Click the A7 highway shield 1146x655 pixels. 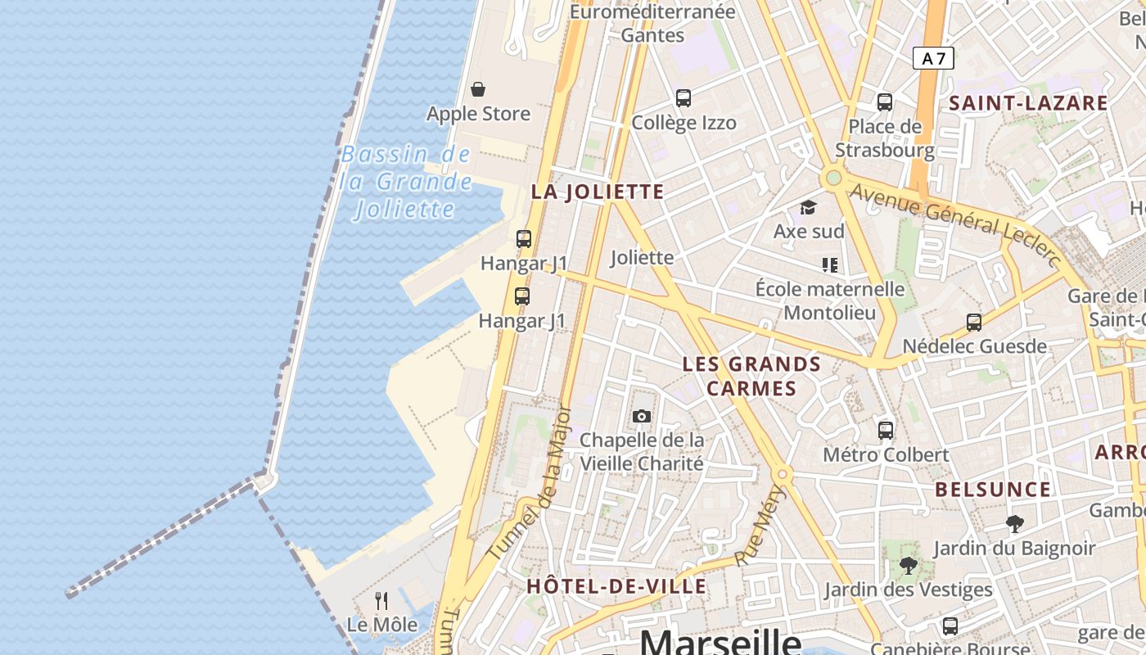tap(933, 58)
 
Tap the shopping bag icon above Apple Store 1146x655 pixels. tap(478, 88)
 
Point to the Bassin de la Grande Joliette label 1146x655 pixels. tap(407, 182)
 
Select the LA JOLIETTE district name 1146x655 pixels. tap(598, 192)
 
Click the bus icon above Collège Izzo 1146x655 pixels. tap(684, 98)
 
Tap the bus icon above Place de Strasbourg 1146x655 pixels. tap(885, 102)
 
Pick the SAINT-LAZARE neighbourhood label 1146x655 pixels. tap(1028, 103)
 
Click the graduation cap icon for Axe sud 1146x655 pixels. tap(809, 207)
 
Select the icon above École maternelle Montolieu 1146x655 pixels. tap(830, 264)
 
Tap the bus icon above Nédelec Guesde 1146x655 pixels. tap(974, 322)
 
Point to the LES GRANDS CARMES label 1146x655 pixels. tap(751, 376)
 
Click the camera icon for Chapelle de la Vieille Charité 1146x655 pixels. tap(642, 416)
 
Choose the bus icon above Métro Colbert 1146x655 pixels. tap(886, 430)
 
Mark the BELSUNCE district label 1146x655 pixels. tap(993, 490)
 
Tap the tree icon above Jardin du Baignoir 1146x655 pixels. tap(1015, 523)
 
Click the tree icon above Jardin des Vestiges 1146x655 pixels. tap(908, 565)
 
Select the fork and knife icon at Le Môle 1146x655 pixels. tap(381, 601)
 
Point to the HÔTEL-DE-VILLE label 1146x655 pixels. tap(616, 586)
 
